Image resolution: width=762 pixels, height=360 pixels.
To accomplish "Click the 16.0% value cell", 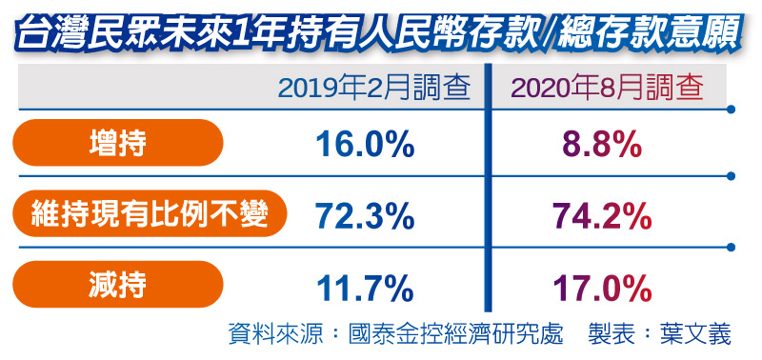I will point(364,144).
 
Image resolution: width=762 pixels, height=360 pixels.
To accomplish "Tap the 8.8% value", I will point(601,144).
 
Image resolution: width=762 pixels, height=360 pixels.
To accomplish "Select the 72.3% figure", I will point(364,217).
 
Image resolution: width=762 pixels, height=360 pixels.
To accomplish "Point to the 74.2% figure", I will point(601,217).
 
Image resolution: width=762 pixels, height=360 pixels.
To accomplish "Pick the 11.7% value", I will point(364,287).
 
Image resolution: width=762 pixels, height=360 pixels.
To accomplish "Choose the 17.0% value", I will point(601,287).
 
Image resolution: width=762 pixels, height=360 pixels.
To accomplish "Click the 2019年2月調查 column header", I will point(375,89).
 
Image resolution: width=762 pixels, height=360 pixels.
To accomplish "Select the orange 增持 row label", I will point(119,144).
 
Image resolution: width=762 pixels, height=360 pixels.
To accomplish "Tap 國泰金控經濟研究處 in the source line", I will point(456,334).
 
